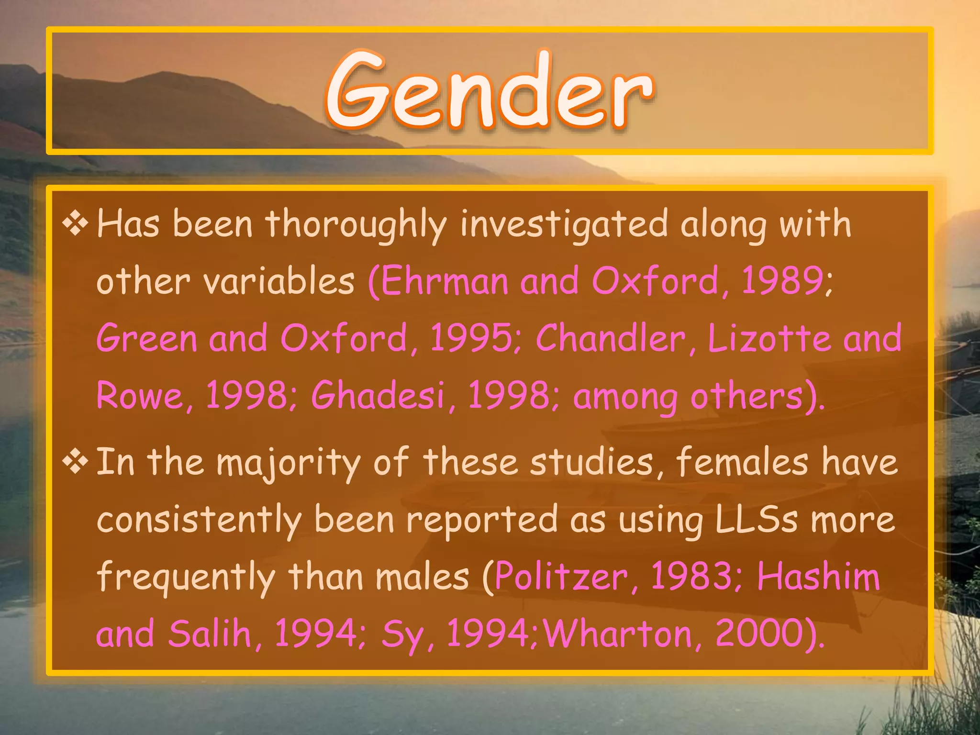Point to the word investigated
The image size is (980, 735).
click(564, 225)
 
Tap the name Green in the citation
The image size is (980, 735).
click(147, 338)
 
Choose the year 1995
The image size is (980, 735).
click(471, 338)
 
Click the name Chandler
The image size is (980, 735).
click(611, 338)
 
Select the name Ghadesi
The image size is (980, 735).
click(378, 396)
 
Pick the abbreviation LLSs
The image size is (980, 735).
click(757, 520)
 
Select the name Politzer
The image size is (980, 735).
click(561, 577)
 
